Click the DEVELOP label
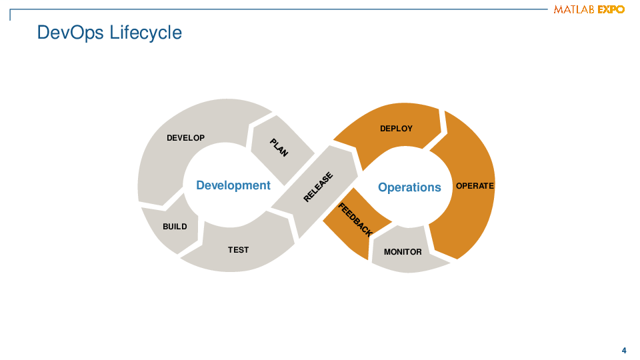pyautogui.click(x=185, y=138)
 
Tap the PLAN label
pyautogui.click(x=279, y=148)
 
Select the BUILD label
pyautogui.click(x=175, y=227)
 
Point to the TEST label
pyautogui.click(x=238, y=250)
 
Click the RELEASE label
pyautogui.click(x=318, y=187)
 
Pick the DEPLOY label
pyautogui.click(x=396, y=129)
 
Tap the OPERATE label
pyautogui.click(x=475, y=186)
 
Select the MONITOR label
pyautogui.click(x=403, y=252)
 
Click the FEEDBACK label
pyautogui.click(x=355, y=220)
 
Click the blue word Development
pyautogui.click(x=233, y=185)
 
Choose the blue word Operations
pyautogui.click(x=409, y=187)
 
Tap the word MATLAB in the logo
pyautogui.click(x=574, y=9)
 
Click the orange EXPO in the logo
pyautogui.click(x=611, y=9)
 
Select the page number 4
pyautogui.click(x=624, y=351)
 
